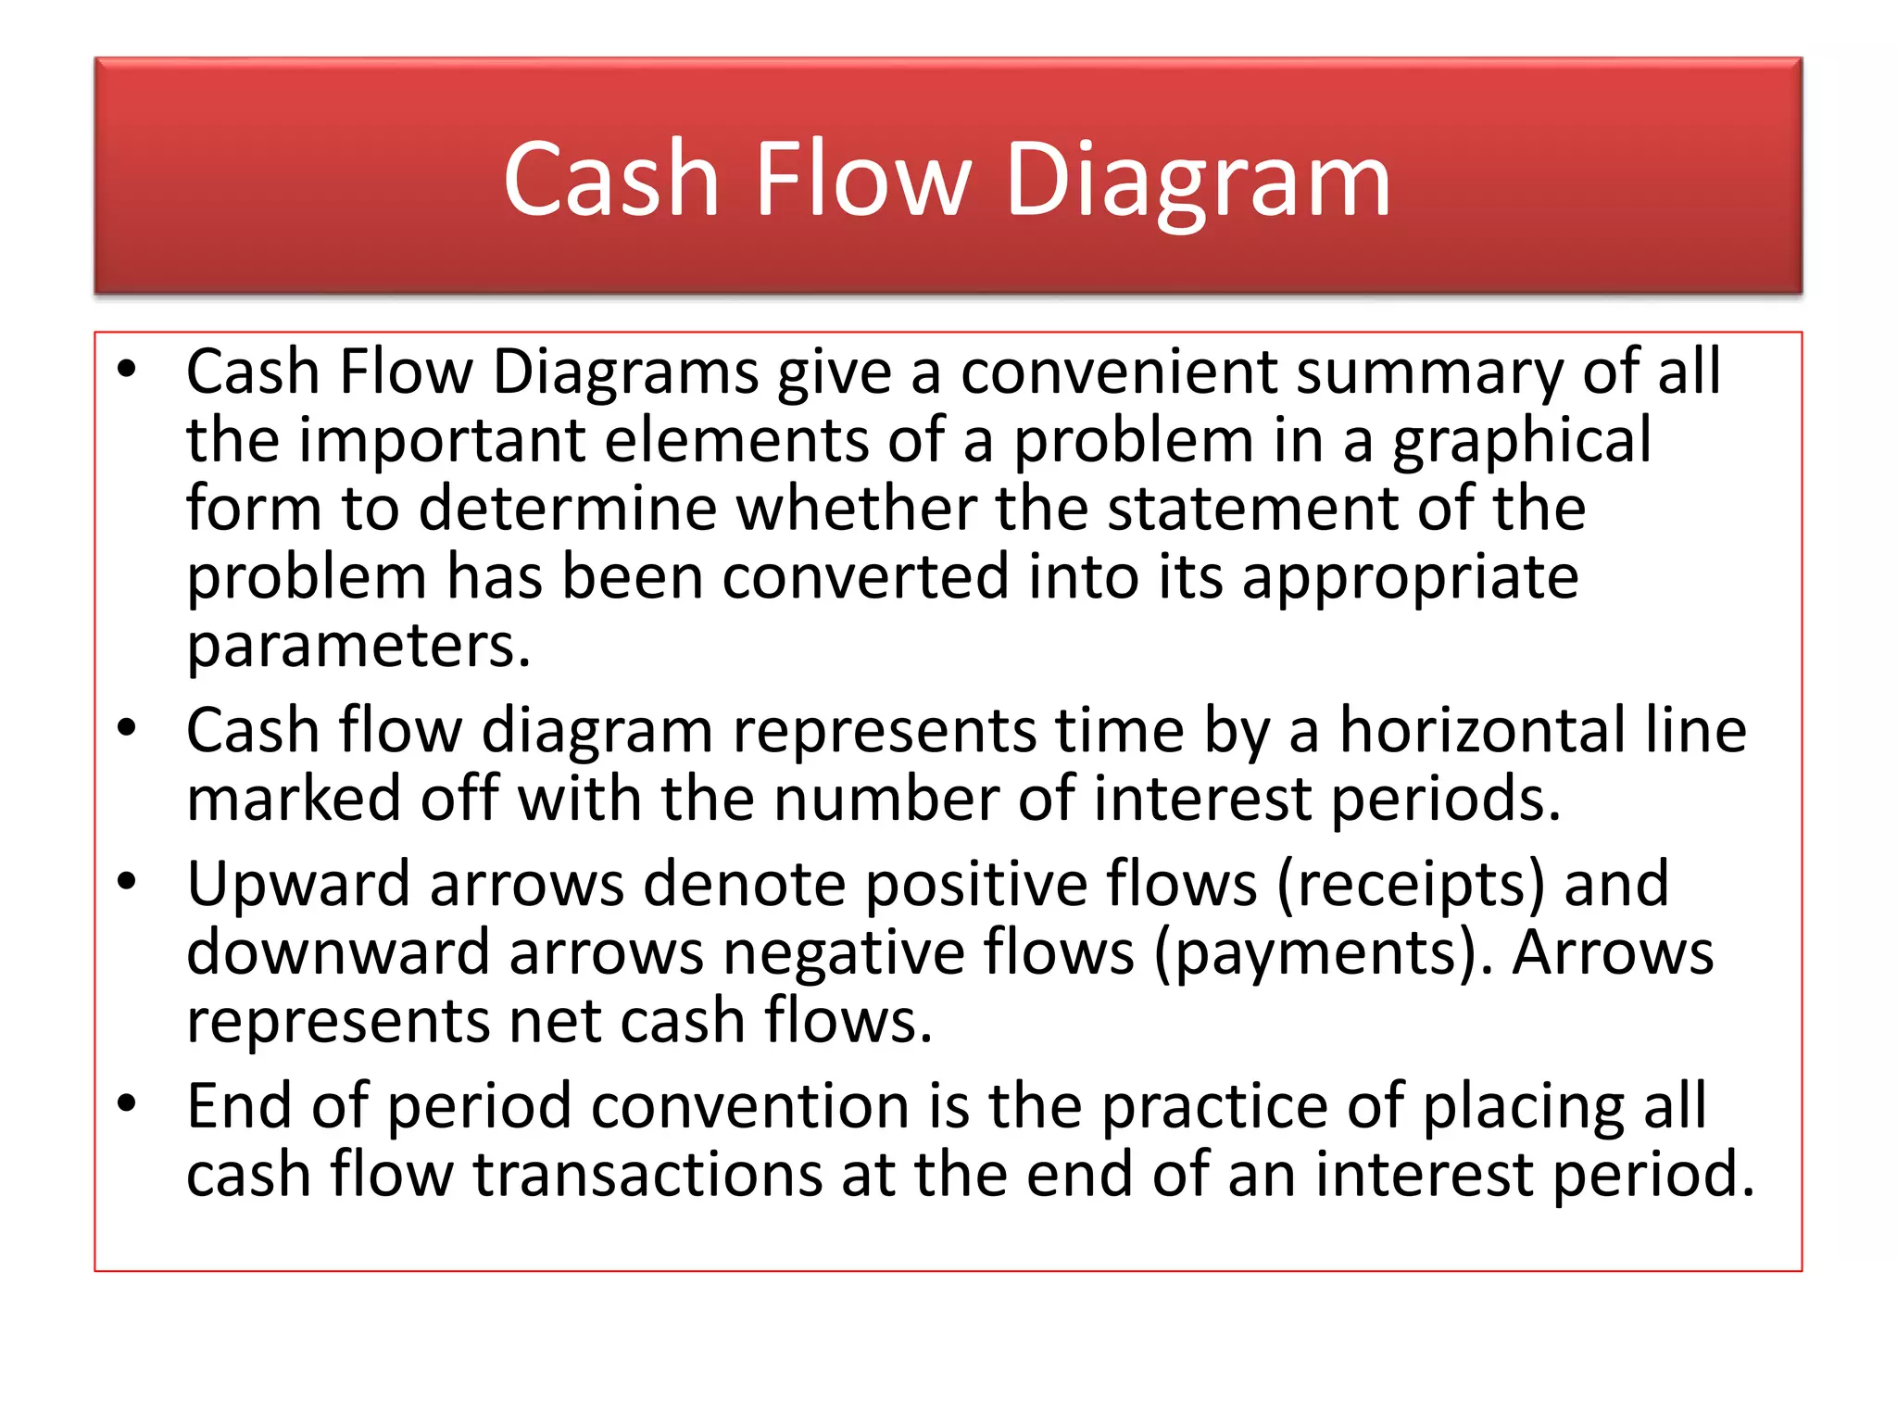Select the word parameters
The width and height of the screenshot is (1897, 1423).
click(358, 646)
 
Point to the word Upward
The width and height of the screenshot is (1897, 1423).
click(298, 884)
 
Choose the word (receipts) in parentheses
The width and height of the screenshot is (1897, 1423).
click(1411, 885)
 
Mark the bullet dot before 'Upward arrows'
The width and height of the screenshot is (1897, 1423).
click(127, 882)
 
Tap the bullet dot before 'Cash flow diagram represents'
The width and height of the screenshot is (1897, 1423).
click(127, 728)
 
